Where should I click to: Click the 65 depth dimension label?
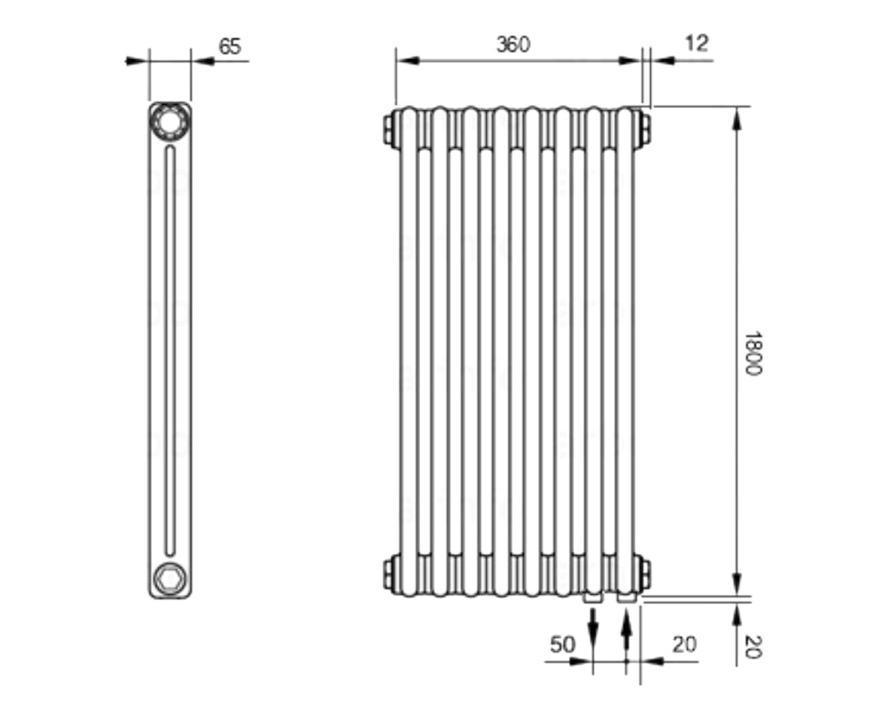click(x=229, y=46)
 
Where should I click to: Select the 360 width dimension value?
click(x=513, y=44)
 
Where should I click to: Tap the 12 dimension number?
click(x=697, y=43)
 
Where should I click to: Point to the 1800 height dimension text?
click(x=751, y=353)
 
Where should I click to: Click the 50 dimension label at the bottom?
click(x=563, y=644)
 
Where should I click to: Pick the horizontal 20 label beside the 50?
click(x=684, y=644)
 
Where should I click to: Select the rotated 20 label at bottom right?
click(x=752, y=647)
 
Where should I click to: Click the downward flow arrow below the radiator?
click(x=593, y=628)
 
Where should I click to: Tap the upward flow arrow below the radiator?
click(x=626, y=631)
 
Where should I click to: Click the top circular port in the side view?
click(x=169, y=121)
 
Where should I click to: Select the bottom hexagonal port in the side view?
click(x=169, y=578)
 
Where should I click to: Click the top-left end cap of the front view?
click(x=391, y=129)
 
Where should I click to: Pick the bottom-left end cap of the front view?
click(x=391, y=572)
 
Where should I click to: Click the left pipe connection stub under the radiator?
click(x=593, y=597)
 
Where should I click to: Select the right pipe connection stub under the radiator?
click(x=626, y=597)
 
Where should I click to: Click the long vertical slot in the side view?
click(x=170, y=351)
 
